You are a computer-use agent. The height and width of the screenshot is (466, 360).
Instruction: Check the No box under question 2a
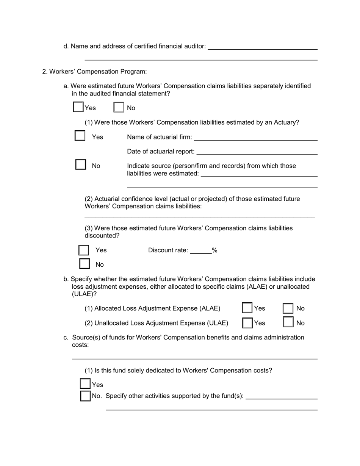click(119, 107)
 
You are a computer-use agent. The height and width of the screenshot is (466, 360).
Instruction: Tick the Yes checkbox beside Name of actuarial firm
click(80, 136)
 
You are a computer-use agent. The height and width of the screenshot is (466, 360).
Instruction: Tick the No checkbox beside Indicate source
click(80, 165)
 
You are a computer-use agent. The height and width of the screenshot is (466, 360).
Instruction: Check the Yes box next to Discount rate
click(84, 250)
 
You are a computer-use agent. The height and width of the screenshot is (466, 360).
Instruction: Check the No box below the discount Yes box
click(84, 264)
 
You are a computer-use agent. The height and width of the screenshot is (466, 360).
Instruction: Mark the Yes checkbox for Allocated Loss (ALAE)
click(247, 308)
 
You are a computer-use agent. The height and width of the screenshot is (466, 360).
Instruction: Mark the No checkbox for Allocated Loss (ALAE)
click(288, 308)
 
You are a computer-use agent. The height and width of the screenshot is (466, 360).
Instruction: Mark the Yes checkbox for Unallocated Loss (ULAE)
click(247, 322)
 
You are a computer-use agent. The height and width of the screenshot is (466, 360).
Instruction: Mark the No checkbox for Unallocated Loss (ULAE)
click(288, 322)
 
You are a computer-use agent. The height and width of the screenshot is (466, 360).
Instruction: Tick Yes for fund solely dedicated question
click(85, 384)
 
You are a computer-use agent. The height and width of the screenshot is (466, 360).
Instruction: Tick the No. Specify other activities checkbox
click(85, 396)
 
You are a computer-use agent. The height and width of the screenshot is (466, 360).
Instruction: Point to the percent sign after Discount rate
click(215, 250)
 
